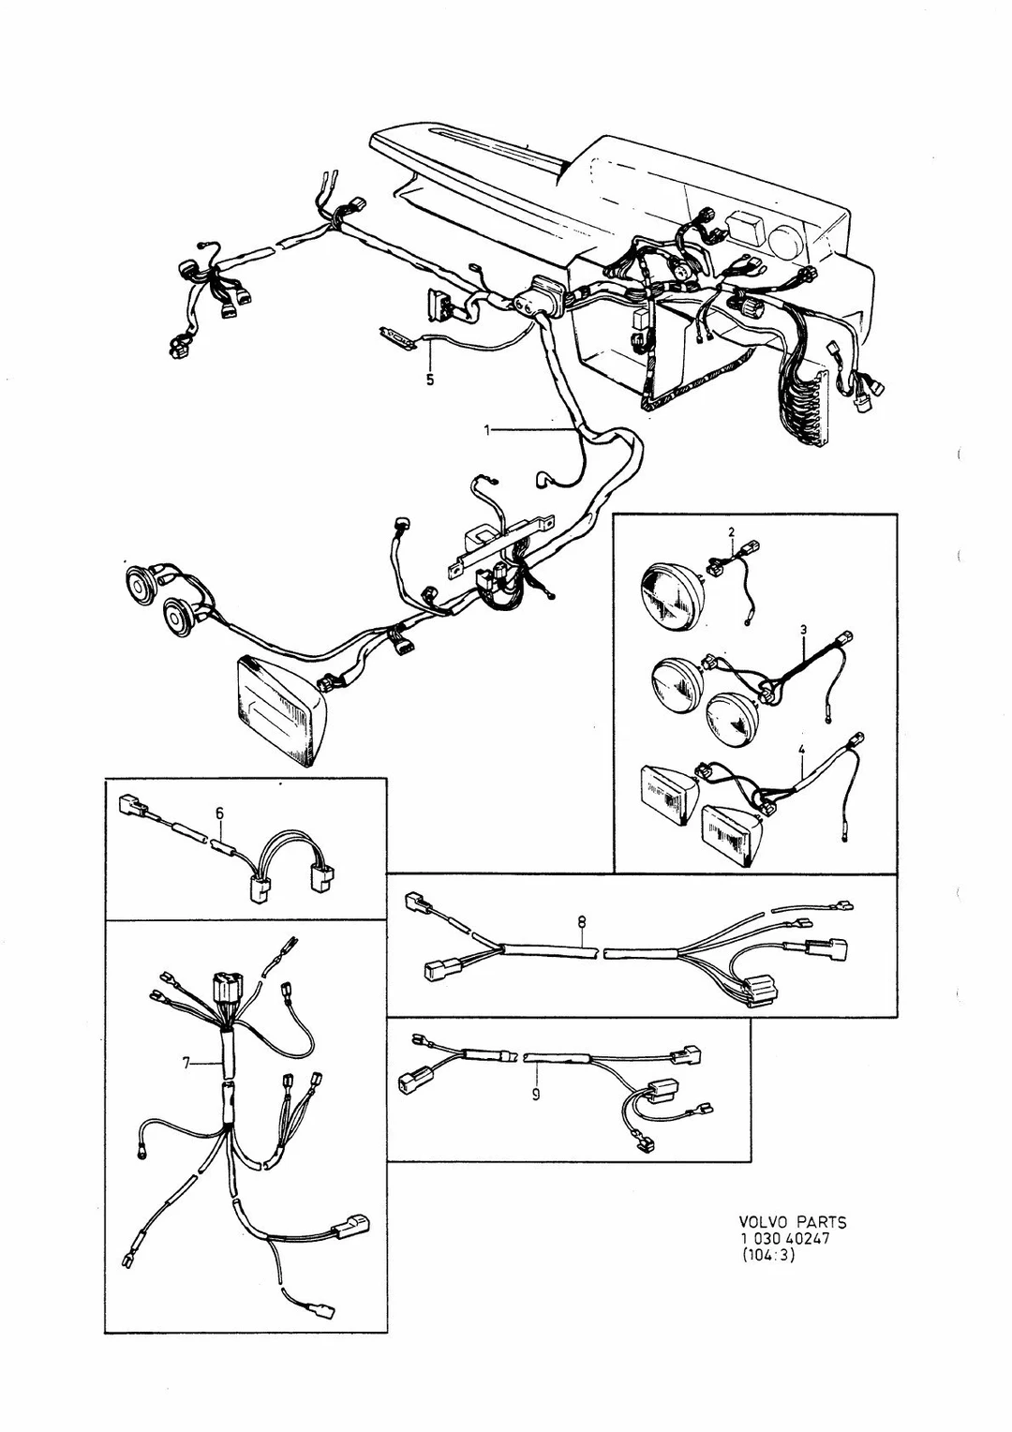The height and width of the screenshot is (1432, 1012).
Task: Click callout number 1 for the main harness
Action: coord(487,430)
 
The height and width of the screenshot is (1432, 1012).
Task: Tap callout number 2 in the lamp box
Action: coord(731,531)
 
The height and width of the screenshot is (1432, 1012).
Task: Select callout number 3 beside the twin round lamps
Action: coord(804,630)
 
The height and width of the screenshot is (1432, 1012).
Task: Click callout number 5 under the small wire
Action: coord(429,380)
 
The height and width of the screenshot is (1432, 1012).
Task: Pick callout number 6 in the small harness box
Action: coord(219,813)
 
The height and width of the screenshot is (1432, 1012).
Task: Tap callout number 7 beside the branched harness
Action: coord(186,1063)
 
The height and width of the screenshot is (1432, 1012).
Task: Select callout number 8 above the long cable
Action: coord(581,922)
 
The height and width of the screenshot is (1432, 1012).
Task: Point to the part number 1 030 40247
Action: coord(784,1238)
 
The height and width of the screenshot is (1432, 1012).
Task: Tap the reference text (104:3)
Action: coord(767,1255)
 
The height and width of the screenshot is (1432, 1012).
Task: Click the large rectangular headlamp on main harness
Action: coord(278,709)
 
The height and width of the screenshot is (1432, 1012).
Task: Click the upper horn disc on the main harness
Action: coord(140,579)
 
